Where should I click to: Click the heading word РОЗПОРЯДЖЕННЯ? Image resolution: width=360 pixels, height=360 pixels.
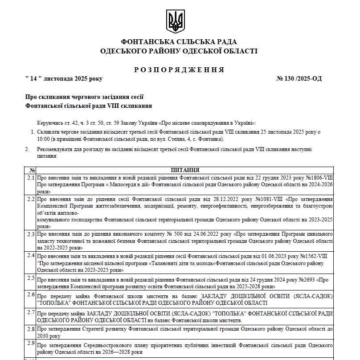pos(179,70)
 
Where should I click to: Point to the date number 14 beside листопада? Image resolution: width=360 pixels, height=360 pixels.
pos(33,79)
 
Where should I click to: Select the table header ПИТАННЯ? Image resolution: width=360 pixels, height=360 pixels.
pos(185,170)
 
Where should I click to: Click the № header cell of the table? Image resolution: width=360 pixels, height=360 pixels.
pos(32,170)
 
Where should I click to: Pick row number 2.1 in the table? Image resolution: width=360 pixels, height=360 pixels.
pos(31,178)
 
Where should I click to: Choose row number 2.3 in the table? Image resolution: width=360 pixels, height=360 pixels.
pos(31,233)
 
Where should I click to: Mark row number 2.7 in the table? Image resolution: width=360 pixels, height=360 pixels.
pos(31,312)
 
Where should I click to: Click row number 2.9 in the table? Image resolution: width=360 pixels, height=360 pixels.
pos(31,343)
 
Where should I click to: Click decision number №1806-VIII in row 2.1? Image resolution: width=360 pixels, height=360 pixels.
pos(317,178)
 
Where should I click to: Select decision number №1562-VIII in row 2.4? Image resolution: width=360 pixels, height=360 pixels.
pos(312,257)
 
